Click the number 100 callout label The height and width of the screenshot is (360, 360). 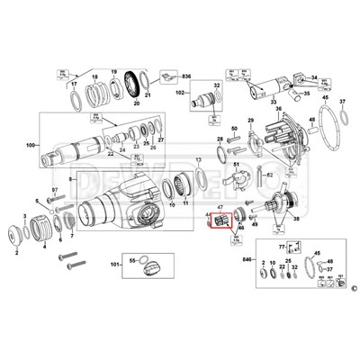[x=33, y=145]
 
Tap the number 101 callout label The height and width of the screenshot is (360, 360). [x=115, y=265]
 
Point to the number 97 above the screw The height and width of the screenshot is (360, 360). [x=54, y=190]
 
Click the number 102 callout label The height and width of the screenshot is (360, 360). [x=180, y=92]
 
